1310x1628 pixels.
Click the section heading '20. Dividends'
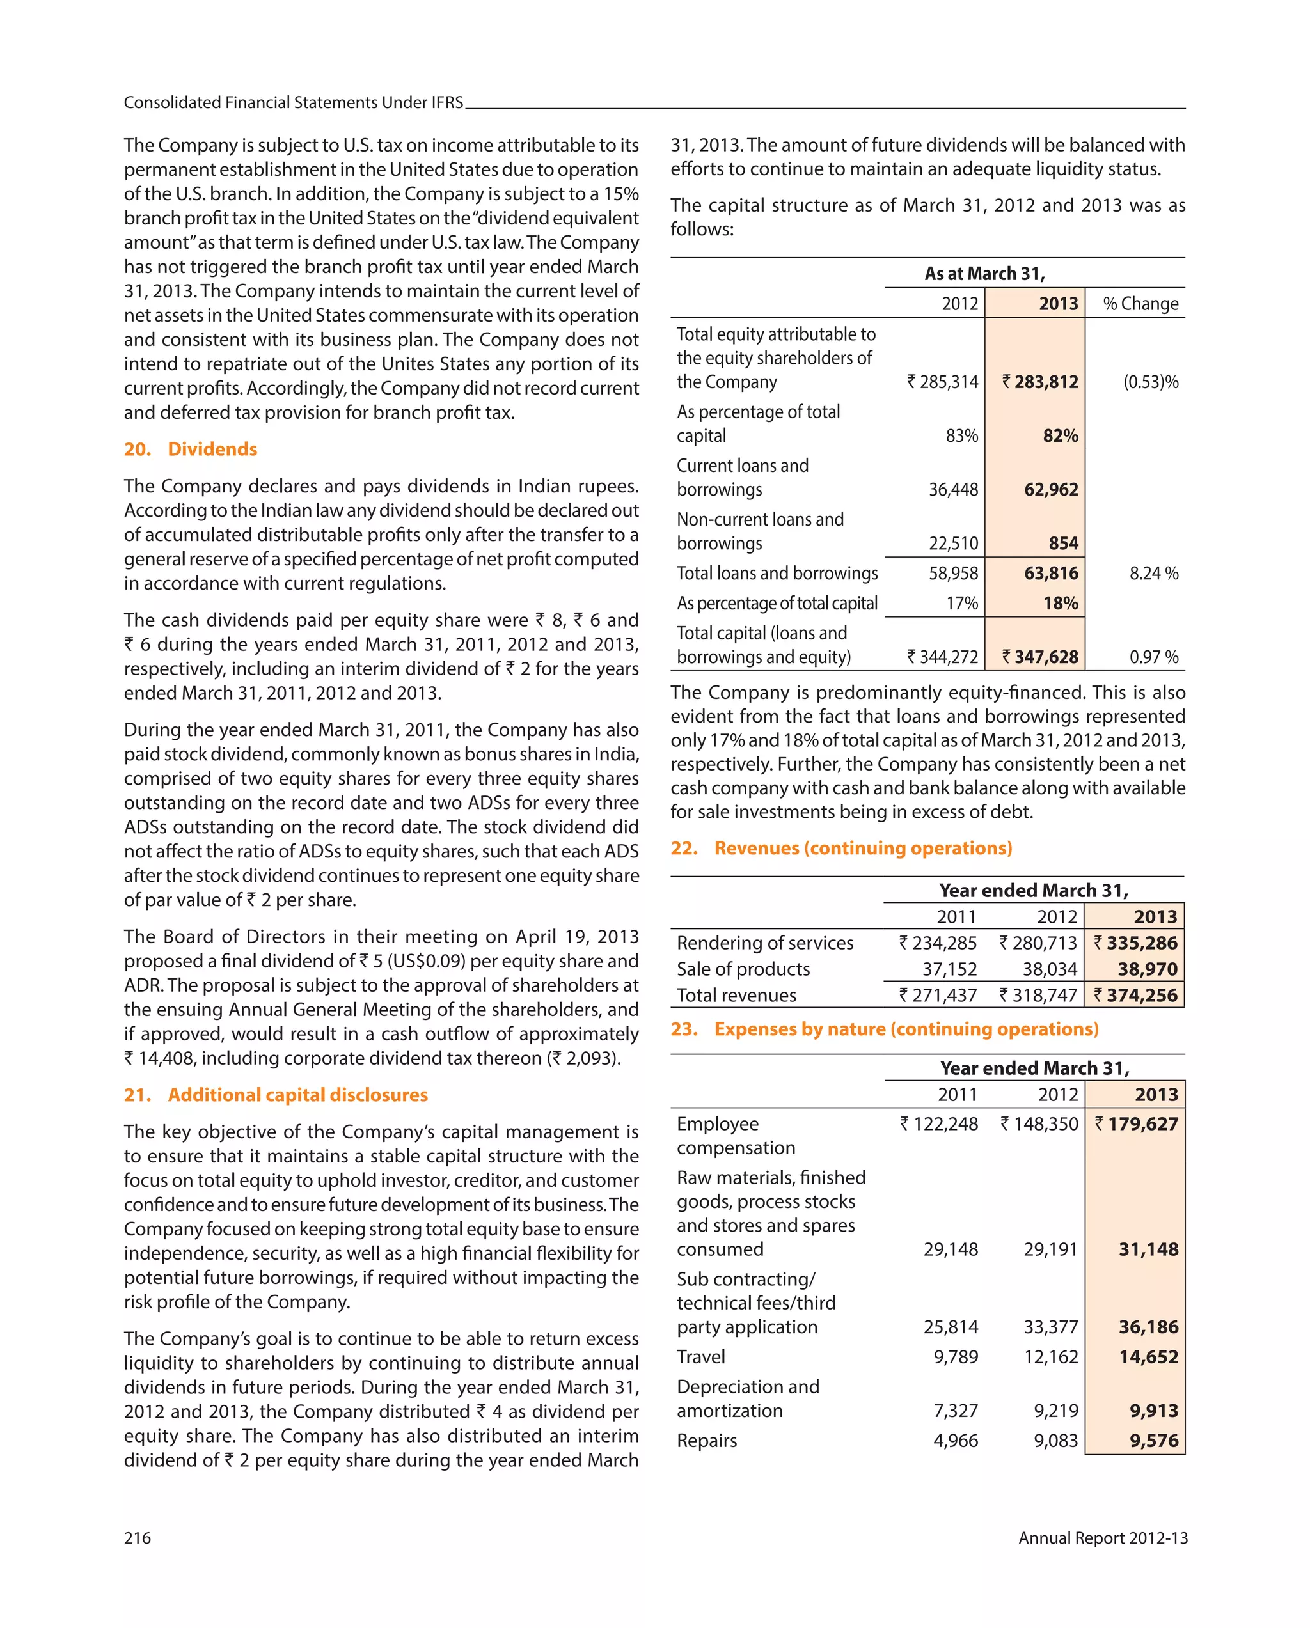click(x=191, y=450)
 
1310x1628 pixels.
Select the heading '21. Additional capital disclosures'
click(x=276, y=1095)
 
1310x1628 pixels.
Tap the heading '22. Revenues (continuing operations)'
click(x=841, y=848)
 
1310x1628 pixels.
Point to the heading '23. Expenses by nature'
click(x=884, y=1029)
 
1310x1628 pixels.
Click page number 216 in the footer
click(x=138, y=1538)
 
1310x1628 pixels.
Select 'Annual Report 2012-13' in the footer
click(x=1102, y=1538)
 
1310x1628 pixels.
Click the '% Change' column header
click(x=1140, y=304)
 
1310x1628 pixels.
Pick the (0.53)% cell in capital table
click(x=1150, y=382)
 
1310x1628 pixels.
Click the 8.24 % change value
click(x=1153, y=573)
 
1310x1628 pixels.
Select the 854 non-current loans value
click(x=1063, y=544)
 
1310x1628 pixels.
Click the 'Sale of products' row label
click(x=743, y=969)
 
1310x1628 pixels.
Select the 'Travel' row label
click(x=700, y=1357)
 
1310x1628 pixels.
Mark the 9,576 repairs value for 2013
click(x=1154, y=1441)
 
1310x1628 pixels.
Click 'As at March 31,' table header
click(x=984, y=273)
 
